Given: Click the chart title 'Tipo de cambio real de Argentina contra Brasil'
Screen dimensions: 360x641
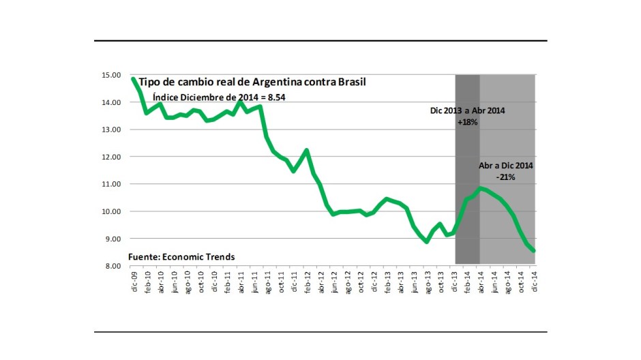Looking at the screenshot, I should pos(252,82).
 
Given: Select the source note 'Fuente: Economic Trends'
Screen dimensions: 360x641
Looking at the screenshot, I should pos(182,256).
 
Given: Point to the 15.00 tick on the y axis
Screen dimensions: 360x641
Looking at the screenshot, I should pos(111,75).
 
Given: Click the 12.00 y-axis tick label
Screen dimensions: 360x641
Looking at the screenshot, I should pos(111,157).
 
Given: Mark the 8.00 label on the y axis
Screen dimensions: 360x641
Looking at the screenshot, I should pos(111,266).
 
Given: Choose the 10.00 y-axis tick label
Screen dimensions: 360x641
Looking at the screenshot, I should pos(111,211).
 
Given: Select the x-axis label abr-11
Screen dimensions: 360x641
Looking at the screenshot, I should pos(241,281).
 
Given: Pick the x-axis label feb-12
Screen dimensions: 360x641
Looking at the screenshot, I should pos(308,281).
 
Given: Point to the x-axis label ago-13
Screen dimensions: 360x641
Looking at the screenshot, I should pos(428,281).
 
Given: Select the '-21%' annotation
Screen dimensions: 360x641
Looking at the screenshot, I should pos(506,177).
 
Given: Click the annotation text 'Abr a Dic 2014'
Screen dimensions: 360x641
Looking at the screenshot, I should pos(505,165).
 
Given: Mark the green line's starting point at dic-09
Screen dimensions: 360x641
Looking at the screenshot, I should pos(134,79).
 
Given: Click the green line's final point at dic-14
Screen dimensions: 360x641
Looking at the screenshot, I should pos(535,251).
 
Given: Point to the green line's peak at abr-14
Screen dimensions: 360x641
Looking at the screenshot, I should pos(481,188).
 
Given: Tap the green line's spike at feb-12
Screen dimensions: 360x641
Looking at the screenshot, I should pos(307,150).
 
